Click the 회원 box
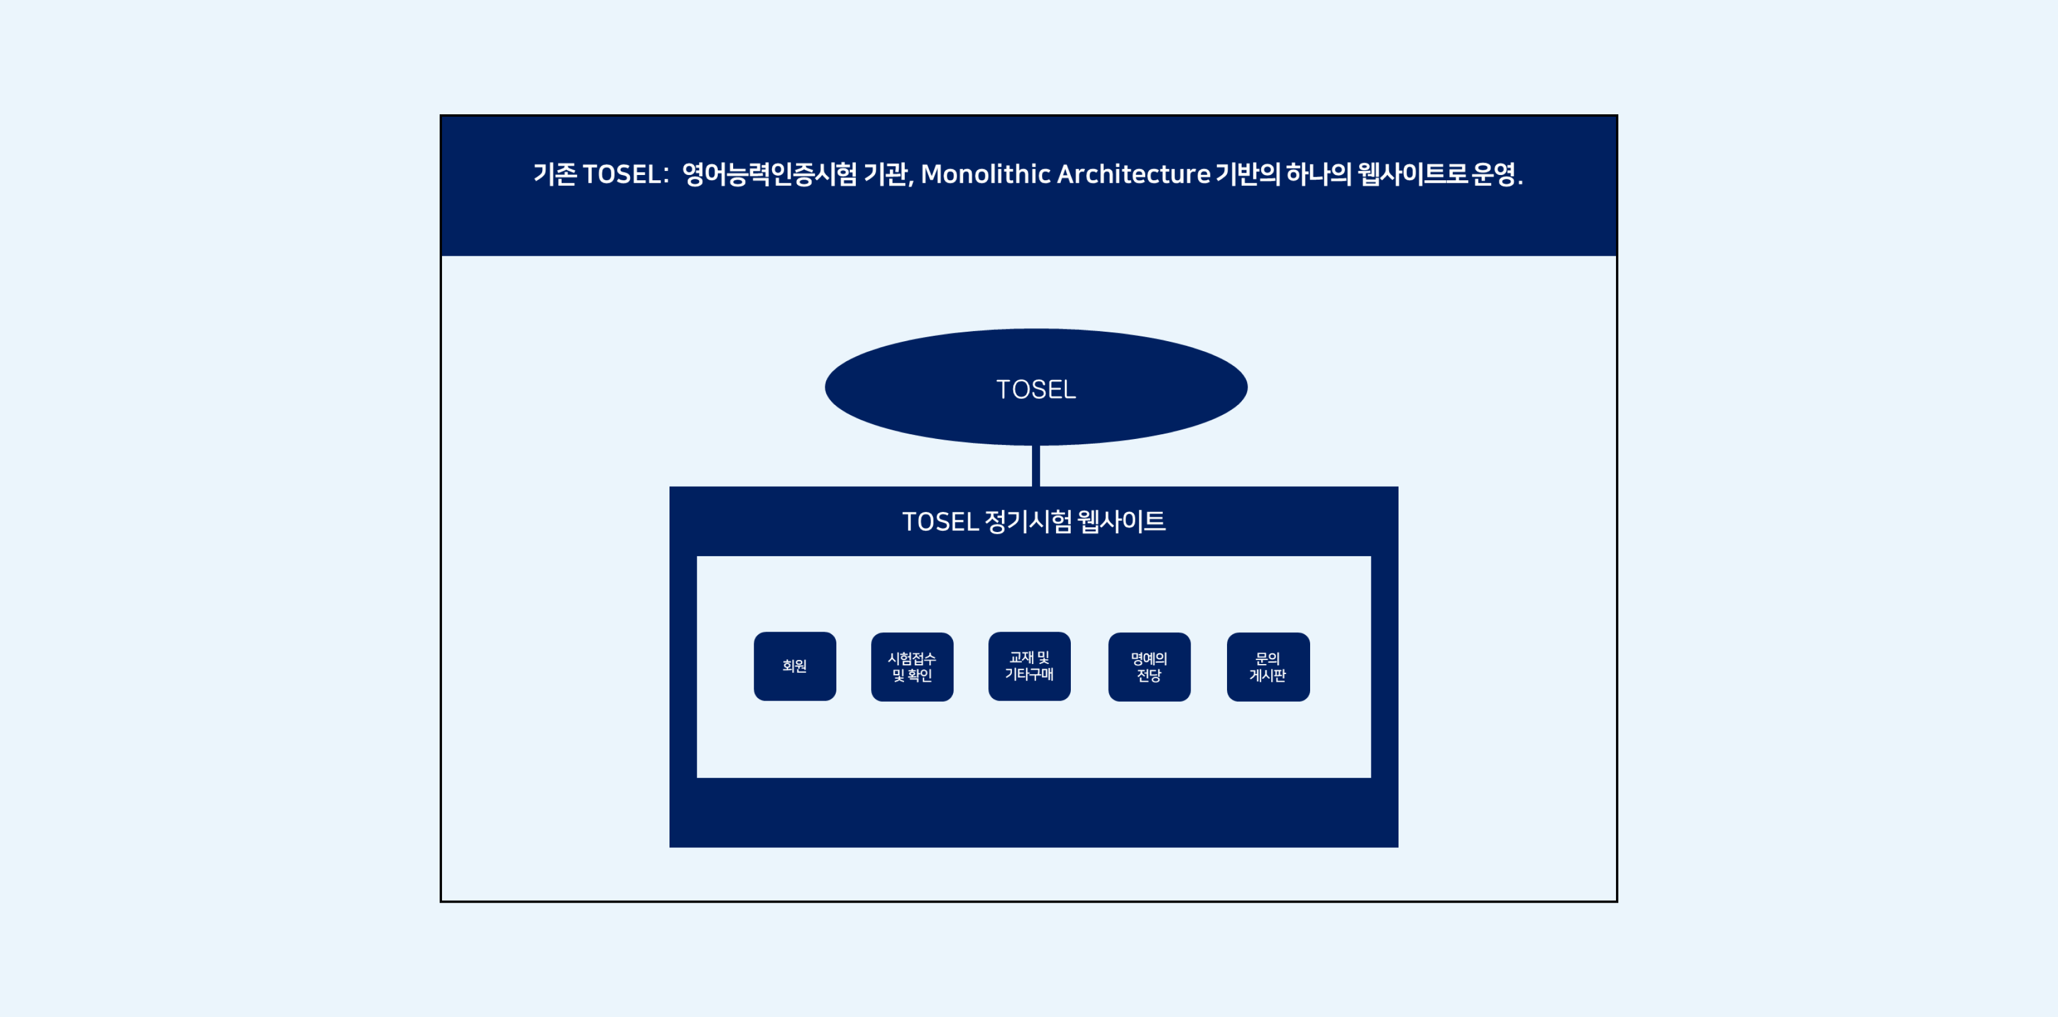pos(795,666)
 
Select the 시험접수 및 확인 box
pos(912,667)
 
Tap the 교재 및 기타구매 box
pos(1029,666)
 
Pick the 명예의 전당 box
pos(1150,667)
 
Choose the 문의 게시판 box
pos(1269,667)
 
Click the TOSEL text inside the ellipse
pos(1036,389)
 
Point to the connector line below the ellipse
pos(1036,465)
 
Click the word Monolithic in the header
pos(986,173)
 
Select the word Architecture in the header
pos(1134,173)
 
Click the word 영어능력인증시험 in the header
pos(769,173)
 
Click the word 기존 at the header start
pos(555,173)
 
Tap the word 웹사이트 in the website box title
pos(1122,521)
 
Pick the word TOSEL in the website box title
pos(941,521)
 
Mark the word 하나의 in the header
pos(1318,173)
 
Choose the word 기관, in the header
pos(888,173)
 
